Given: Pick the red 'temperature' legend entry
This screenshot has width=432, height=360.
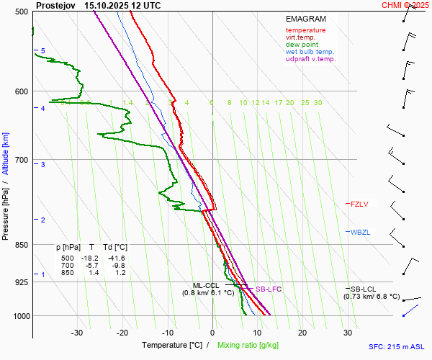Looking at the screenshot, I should pos(305,30).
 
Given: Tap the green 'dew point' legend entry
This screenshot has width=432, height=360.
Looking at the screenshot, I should pos(302,45).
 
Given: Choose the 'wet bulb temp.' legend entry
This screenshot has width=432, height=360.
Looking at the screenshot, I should pos(310,52).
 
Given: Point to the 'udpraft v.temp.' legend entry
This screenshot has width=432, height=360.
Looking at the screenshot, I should pos(310,59).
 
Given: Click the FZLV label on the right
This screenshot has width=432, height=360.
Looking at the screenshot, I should pos(359,204).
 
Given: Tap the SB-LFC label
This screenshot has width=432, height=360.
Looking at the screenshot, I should pos(269,289).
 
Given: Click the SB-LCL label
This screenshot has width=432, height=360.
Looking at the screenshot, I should pos(364,289).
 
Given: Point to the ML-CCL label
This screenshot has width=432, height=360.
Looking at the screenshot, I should pos(208,285).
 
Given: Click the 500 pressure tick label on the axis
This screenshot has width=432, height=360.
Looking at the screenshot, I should pos(22,12).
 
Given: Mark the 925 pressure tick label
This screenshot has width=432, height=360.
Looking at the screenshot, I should pos(22,282).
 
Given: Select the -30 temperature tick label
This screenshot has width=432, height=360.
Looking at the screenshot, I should pos(77,333).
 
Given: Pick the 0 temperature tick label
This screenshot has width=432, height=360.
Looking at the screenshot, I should pos(212,333).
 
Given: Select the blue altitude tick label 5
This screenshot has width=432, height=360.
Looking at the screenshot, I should pos(42,50).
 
